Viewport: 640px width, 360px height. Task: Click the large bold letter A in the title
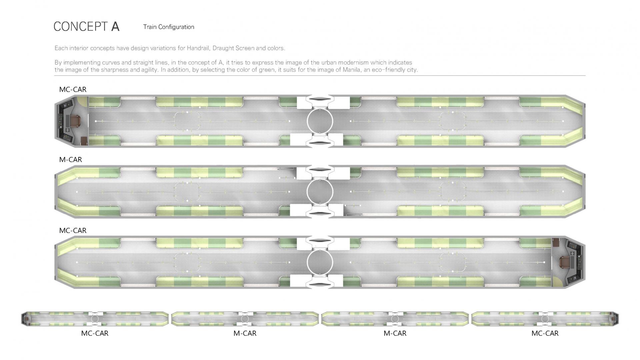115,27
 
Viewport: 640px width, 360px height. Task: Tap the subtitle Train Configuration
169,27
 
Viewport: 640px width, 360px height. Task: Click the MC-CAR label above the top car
73,89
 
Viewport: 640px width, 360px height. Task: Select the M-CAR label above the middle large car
71,160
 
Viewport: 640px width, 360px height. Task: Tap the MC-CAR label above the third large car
73,230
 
